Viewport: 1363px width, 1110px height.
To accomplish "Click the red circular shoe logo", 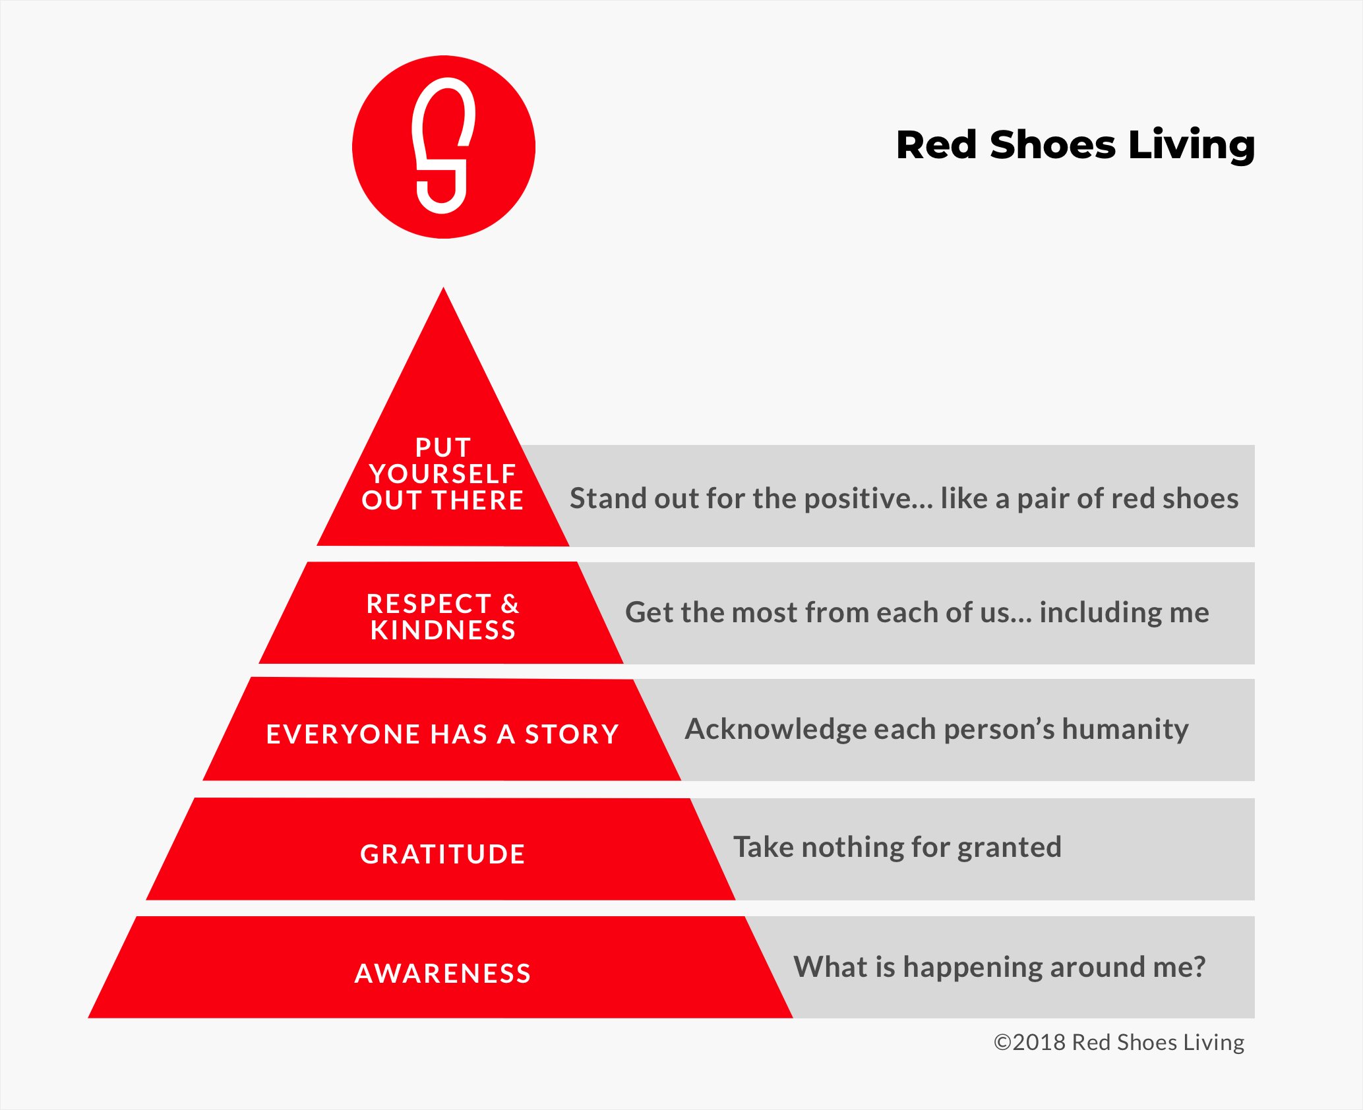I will tap(443, 146).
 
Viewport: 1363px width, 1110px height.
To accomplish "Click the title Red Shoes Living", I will tap(1075, 145).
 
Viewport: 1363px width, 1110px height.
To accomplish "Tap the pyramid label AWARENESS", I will tap(442, 973).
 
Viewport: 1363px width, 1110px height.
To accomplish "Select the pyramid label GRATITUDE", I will tap(442, 854).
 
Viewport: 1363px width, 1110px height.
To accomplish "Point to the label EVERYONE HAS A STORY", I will tap(442, 734).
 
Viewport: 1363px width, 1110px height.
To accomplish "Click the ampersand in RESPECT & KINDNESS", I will tap(510, 604).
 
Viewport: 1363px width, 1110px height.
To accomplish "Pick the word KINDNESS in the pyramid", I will tap(442, 630).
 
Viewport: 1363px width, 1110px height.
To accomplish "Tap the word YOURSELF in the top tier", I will tap(442, 473).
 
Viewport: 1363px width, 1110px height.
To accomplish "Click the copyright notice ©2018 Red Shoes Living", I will tap(1118, 1042).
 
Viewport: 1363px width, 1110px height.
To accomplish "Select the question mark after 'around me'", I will tap(1198, 967).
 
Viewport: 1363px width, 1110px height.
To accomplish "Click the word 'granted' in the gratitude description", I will tap(1009, 848).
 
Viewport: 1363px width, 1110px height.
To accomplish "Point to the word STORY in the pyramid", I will tap(572, 734).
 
